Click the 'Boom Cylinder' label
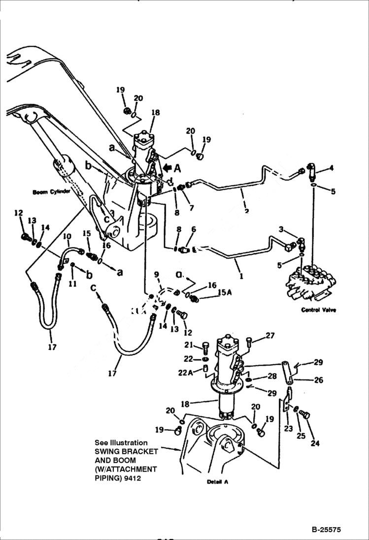(x=52, y=192)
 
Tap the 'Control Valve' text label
(x=318, y=310)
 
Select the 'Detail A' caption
(x=217, y=482)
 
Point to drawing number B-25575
(x=326, y=530)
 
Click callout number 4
(x=331, y=168)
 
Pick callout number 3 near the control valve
(x=281, y=229)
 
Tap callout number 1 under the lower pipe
(x=241, y=277)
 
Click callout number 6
(x=193, y=229)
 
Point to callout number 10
(x=67, y=237)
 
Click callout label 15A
(x=224, y=292)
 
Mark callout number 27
(x=270, y=336)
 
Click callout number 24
(x=315, y=443)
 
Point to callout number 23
(x=289, y=429)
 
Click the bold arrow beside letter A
(x=167, y=169)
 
